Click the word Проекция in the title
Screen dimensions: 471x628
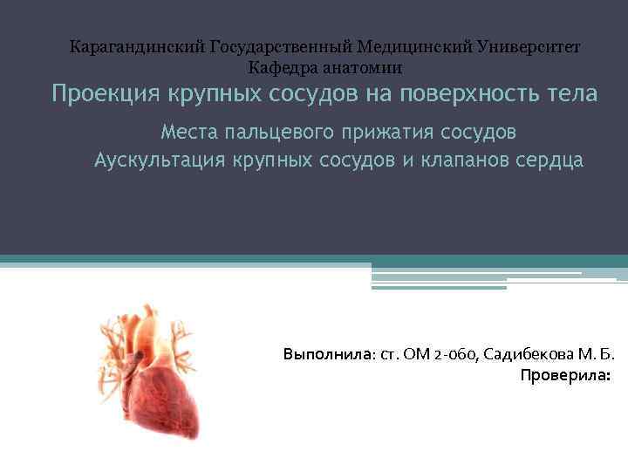[96, 94]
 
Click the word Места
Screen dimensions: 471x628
[188, 133]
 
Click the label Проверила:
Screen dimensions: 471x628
[565, 376]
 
